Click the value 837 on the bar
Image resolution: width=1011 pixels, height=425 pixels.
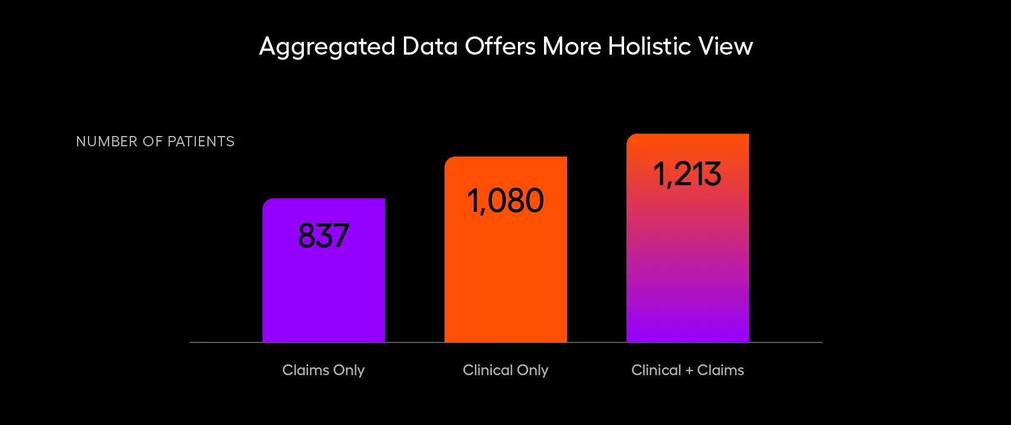(323, 236)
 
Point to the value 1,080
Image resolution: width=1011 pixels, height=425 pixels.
(505, 200)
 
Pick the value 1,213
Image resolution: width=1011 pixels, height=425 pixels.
(687, 174)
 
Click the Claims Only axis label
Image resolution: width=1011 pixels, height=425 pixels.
(323, 370)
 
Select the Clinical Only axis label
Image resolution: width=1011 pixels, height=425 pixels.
(505, 370)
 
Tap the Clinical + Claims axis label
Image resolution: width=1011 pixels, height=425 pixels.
(687, 370)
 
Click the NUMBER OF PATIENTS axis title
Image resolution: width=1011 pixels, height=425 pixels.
(155, 141)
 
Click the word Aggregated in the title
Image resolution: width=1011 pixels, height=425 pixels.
(327, 47)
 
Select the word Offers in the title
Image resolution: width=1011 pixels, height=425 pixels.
(500, 46)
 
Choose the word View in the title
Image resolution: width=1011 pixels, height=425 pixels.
(725, 46)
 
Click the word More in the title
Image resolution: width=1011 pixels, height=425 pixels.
(571, 46)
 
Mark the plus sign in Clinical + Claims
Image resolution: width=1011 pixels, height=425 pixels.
(689, 370)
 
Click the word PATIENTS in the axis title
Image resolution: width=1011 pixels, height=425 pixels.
(201, 141)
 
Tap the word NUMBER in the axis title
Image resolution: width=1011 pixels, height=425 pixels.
(107, 141)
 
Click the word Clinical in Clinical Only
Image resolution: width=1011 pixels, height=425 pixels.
(487, 370)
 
